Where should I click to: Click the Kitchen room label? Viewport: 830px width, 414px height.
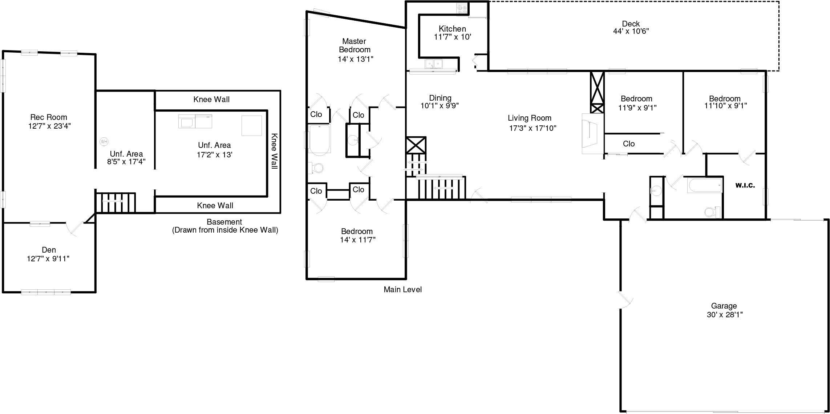(x=452, y=29)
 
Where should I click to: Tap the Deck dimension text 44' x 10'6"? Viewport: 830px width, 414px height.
(x=631, y=32)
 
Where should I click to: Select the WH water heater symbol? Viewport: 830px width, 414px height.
(x=104, y=141)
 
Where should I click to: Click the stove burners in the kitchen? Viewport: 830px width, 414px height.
(x=462, y=9)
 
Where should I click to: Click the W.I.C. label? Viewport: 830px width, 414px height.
(x=745, y=185)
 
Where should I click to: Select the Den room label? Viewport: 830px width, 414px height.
(x=49, y=250)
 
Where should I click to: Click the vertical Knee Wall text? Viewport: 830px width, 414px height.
(x=274, y=151)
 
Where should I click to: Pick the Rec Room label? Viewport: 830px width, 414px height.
(x=49, y=117)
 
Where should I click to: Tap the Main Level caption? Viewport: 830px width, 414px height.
(x=402, y=290)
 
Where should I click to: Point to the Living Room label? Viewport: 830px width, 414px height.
(x=529, y=118)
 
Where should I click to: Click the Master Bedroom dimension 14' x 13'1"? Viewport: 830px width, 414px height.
(x=355, y=59)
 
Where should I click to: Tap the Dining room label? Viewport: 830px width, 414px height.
(x=440, y=98)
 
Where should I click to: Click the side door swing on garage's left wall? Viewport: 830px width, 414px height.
(x=626, y=300)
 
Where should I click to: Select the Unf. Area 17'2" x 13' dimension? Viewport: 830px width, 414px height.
(x=214, y=155)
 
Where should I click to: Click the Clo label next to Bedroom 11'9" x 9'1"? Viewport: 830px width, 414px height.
(x=629, y=144)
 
